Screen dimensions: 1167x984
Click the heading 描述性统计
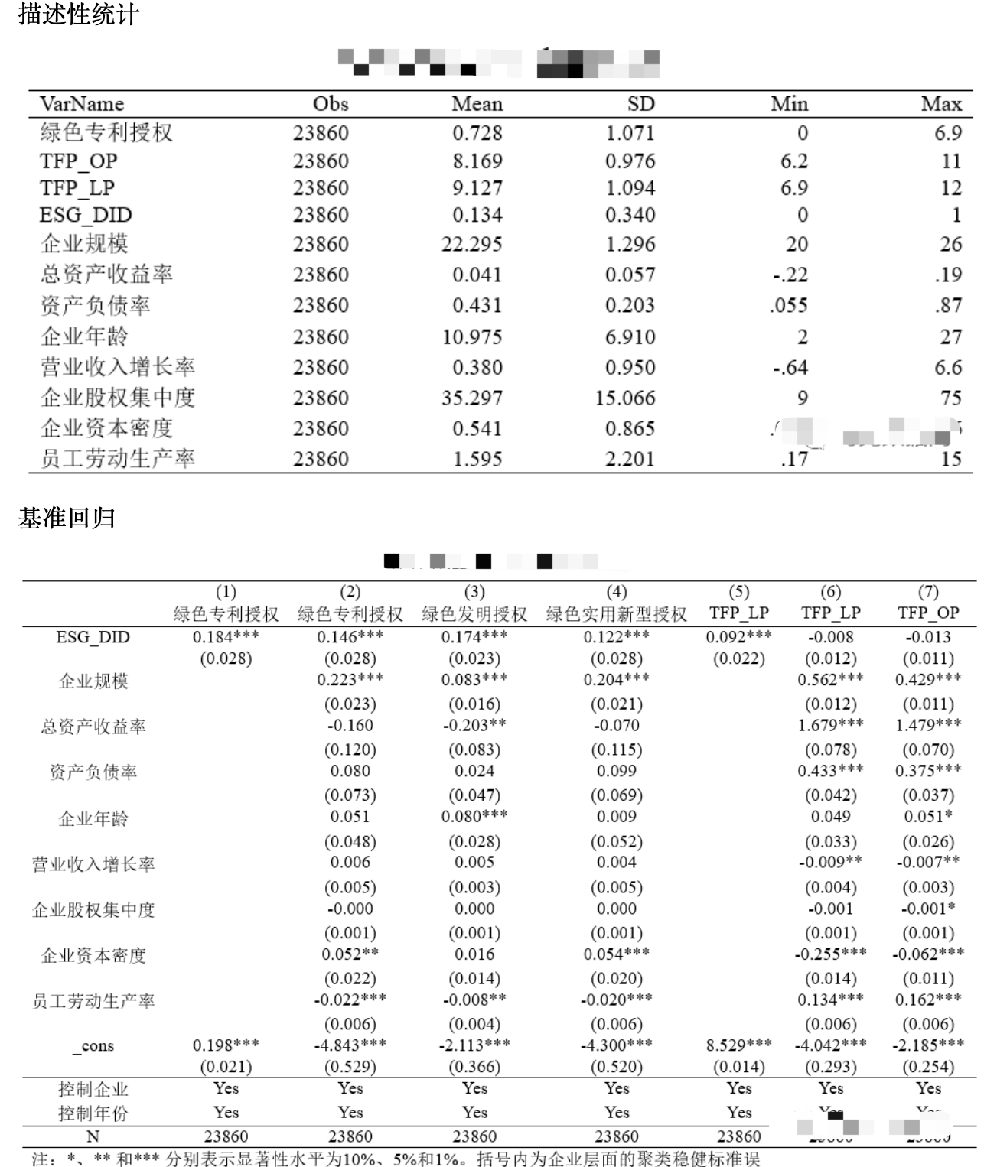(78, 15)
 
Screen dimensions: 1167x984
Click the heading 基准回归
(67, 518)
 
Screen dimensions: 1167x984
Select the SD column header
(640, 104)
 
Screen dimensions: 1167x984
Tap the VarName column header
(82, 104)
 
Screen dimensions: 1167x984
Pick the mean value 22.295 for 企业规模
(471, 245)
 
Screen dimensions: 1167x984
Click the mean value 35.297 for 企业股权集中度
(471, 398)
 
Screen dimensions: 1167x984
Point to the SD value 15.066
(625, 398)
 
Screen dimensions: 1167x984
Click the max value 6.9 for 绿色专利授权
(947, 133)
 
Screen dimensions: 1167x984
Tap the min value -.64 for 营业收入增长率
(790, 368)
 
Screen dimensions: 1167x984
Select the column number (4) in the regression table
(616, 592)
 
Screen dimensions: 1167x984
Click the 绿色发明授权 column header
(474, 614)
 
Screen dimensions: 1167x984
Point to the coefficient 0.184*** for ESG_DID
(226, 636)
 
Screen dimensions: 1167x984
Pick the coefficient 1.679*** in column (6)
(830, 724)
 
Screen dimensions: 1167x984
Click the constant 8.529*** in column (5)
(738, 1045)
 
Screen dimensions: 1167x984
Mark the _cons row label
(93, 1046)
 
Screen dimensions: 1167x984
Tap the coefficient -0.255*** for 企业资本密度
(830, 954)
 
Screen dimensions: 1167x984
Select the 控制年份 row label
(93, 1113)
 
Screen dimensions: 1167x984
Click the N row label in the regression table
(93, 1137)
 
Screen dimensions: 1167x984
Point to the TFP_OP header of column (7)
(928, 613)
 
